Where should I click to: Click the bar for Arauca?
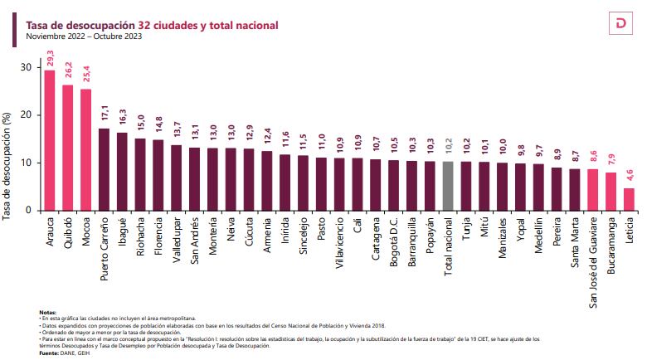(x=49, y=140)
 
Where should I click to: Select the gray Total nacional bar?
(x=448, y=186)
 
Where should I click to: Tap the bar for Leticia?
(x=629, y=199)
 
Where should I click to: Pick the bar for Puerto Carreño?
(x=104, y=169)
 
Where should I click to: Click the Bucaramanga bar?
(x=611, y=191)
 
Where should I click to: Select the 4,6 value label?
(x=629, y=173)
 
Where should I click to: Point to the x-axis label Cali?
(x=358, y=226)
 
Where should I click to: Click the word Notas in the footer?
(x=47, y=312)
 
